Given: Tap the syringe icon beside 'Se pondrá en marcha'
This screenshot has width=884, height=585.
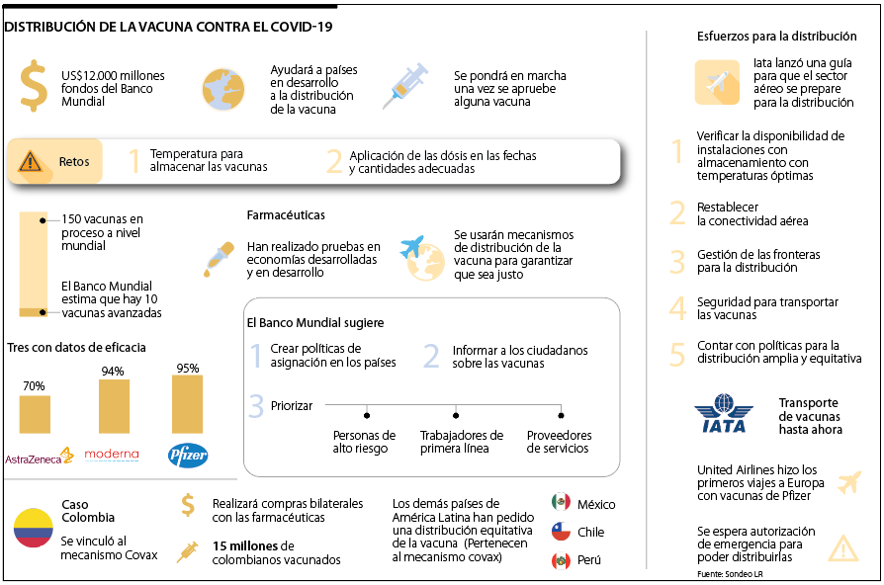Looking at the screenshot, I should point(405,84).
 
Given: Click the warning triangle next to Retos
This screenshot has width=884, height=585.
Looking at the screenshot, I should point(31,160).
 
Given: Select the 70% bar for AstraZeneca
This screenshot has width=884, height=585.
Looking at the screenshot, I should point(35,414).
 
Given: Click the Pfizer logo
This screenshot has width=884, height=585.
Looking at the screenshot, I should point(188,456).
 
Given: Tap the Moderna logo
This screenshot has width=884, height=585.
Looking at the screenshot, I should point(112,456).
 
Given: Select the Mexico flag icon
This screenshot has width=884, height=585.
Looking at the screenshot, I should point(561,502).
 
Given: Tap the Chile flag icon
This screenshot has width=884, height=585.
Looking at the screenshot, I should point(561,532).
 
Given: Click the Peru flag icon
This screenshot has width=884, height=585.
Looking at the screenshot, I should point(561,561).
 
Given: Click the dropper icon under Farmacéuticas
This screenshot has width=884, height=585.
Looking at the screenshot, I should point(216,258).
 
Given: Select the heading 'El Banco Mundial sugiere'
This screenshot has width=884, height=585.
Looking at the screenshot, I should point(314,322).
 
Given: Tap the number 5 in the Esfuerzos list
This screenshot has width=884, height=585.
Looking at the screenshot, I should point(677,354).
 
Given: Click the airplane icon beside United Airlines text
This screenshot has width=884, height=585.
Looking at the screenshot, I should point(847,482).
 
